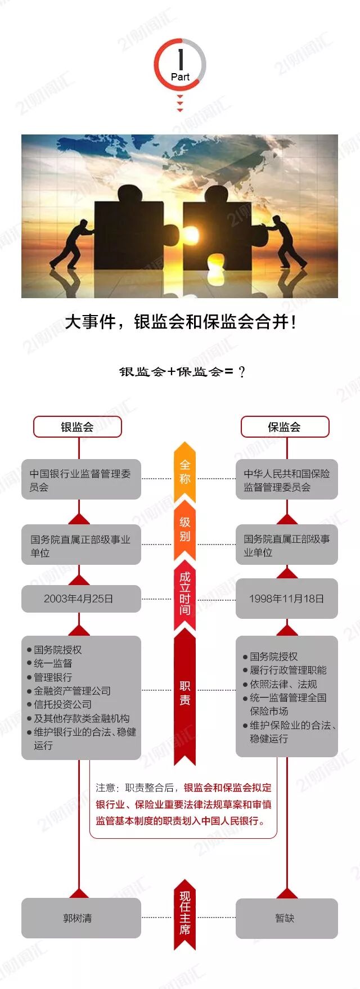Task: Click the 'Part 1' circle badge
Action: pyautogui.click(x=180, y=65)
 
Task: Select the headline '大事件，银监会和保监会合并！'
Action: pyautogui.click(x=180, y=322)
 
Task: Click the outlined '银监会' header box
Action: pyautogui.click(x=78, y=427)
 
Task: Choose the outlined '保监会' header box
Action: pyautogui.click(x=285, y=427)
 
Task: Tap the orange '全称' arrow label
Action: pyautogui.click(x=184, y=471)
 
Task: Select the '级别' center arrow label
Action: pyautogui.click(x=184, y=529)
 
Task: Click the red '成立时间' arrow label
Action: pyautogui.click(x=184, y=594)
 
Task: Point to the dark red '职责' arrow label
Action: pyautogui.click(x=184, y=693)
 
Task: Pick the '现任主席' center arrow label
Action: pyautogui.click(x=184, y=912)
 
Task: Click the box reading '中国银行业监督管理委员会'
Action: pyautogui.click(x=81, y=480)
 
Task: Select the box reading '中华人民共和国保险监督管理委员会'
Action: pyautogui.click(x=286, y=480)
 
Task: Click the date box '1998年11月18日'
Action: pyautogui.click(x=286, y=599)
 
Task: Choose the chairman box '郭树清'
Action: pyautogui.click(x=81, y=918)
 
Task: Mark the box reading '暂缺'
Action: pyautogui.click(x=286, y=918)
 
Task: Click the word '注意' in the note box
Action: pyautogui.click(x=105, y=788)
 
